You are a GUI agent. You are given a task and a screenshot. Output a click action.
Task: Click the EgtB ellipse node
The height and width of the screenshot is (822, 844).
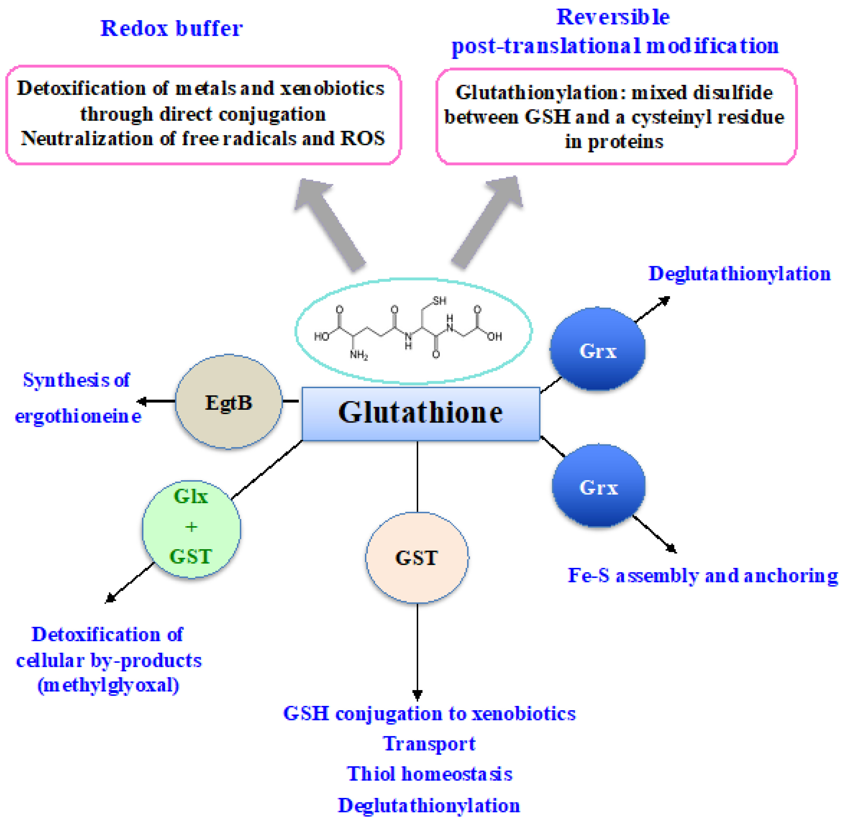228,402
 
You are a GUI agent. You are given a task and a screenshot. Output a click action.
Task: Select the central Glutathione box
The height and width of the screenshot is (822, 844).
420,414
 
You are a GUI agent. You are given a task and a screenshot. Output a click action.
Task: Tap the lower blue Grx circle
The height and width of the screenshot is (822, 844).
598,486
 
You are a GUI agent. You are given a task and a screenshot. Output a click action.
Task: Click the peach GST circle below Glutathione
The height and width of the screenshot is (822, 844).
417,558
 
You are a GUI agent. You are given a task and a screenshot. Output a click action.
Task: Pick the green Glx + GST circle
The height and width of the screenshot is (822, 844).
191,528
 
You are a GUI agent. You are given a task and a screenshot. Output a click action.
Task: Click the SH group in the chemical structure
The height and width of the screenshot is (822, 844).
439,300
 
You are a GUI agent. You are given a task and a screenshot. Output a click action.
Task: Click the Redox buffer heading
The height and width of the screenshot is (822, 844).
171,29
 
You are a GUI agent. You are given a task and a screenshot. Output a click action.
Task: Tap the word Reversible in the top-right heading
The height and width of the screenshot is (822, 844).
612,17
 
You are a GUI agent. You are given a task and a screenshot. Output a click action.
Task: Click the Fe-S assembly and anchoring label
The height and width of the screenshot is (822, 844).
702,575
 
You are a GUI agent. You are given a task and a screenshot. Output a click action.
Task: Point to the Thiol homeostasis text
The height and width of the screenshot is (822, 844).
429,774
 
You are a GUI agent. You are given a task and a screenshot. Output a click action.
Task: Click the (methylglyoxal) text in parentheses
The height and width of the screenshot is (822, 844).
108,685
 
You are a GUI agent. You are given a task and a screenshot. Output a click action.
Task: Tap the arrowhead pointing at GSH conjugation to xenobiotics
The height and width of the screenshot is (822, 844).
417,695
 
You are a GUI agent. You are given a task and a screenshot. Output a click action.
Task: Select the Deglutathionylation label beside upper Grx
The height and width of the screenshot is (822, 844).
739,274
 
